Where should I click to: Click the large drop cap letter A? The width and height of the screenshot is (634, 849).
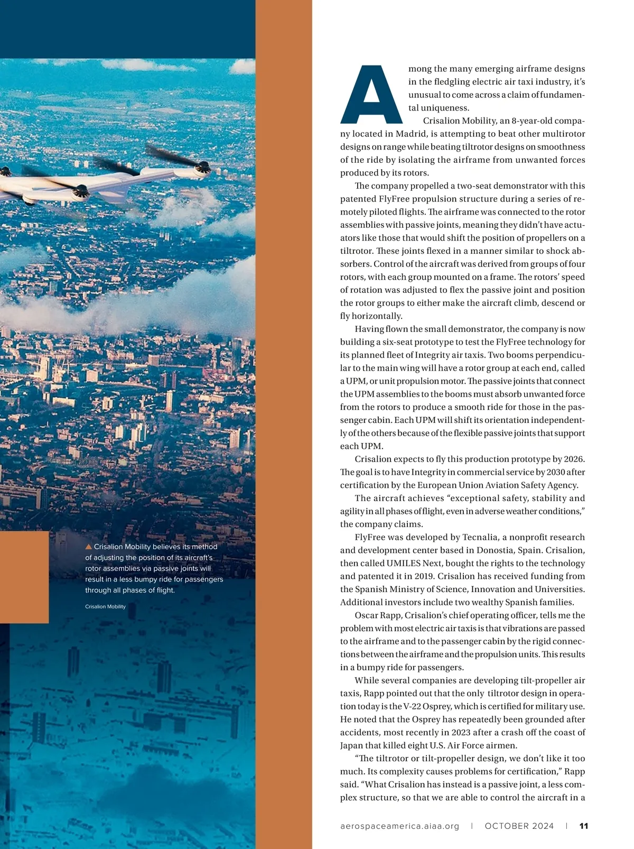pos(371,95)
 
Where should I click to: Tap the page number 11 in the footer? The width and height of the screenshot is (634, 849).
pos(584,826)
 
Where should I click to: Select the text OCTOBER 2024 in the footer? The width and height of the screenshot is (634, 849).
pos(519,826)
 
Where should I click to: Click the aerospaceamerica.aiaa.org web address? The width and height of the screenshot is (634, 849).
pos(400,826)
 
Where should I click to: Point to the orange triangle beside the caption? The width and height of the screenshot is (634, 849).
pos(89,547)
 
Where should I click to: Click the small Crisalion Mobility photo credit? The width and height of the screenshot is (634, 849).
pos(105,606)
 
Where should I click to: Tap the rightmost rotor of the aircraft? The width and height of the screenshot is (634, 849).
pos(201,169)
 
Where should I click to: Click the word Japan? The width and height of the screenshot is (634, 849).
pos(351,745)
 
